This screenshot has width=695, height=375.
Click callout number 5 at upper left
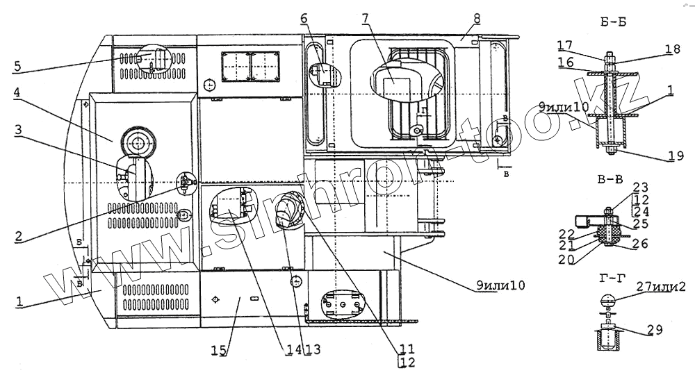[17, 67]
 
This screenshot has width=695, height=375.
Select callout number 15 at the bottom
[223, 351]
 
